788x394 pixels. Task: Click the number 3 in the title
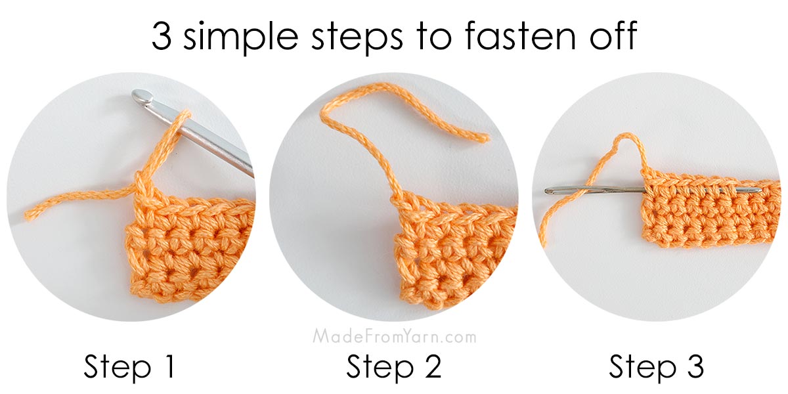coord(164,36)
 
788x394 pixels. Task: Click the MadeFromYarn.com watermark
coord(394,337)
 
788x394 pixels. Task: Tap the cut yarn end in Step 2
coord(484,138)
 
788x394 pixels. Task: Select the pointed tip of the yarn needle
coord(760,190)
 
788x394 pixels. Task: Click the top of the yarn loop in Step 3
coord(626,137)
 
